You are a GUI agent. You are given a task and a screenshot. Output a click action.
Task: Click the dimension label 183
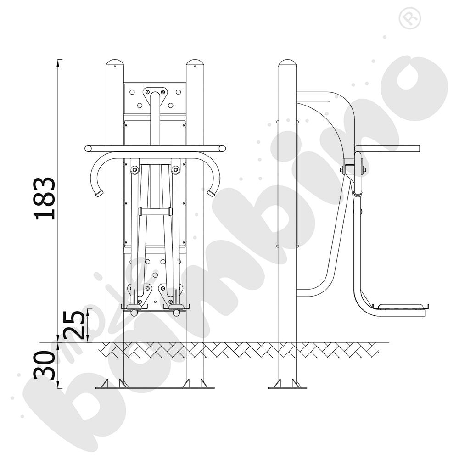[x=45, y=198]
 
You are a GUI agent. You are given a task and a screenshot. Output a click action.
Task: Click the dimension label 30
[x=45, y=365]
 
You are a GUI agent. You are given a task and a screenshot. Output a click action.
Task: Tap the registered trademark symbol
[x=409, y=18]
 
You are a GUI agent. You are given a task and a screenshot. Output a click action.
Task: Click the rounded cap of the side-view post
[x=287, y=62]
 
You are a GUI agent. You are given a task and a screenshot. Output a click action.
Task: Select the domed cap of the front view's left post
[x=115, y=62]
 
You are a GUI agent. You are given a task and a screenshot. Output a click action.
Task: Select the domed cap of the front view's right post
[x=195, y=62]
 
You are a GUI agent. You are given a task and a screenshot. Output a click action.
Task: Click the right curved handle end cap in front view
[x=211, y=193]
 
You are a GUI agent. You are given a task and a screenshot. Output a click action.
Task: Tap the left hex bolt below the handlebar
[x=134, y=170]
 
